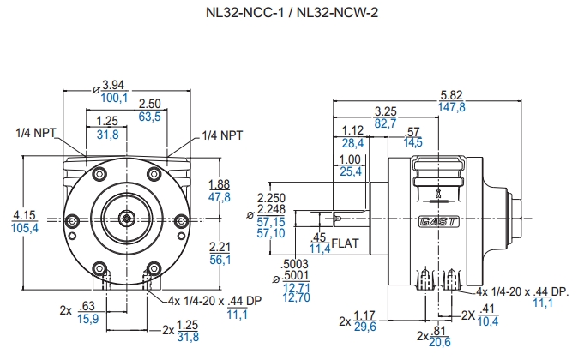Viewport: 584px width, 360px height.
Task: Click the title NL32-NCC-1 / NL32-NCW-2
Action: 291,14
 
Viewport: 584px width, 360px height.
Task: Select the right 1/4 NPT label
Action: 222,135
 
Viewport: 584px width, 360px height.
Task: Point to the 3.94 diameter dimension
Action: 113,85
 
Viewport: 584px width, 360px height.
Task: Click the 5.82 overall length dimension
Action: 451,94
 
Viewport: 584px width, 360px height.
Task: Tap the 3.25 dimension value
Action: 386,111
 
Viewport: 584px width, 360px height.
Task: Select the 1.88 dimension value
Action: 220,184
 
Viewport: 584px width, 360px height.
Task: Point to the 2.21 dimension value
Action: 220,248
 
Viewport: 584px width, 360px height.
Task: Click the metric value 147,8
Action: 451,107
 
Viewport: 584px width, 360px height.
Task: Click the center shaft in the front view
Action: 127,218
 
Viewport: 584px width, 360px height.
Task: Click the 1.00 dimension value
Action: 351,160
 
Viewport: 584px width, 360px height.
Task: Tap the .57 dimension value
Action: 412,131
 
